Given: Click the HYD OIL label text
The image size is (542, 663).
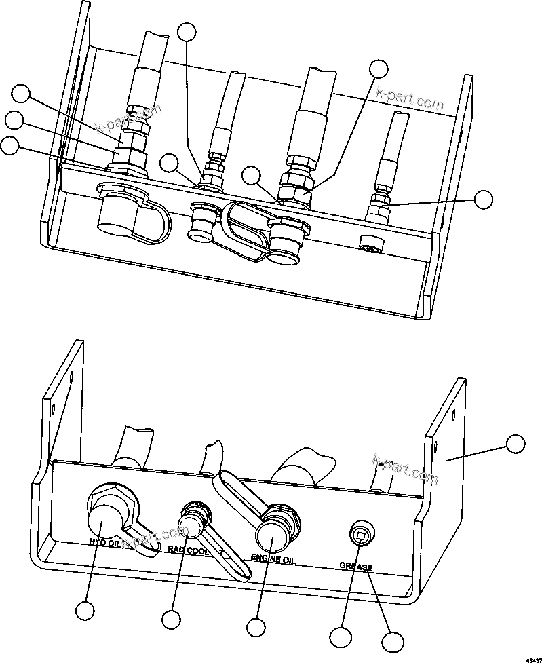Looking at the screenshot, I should pos(104,543).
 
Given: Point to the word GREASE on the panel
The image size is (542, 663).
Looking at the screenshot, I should pos(355,565).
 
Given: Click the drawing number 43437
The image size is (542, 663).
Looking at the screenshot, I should pos(531,658).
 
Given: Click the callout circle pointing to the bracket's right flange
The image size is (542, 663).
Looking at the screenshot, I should pos(516,444).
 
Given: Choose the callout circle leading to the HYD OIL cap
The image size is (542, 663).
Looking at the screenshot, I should pos(85,611).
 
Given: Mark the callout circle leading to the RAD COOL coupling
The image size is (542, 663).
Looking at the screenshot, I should pos(172,620).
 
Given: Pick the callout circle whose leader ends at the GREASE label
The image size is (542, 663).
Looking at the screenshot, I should pos(391,642).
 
